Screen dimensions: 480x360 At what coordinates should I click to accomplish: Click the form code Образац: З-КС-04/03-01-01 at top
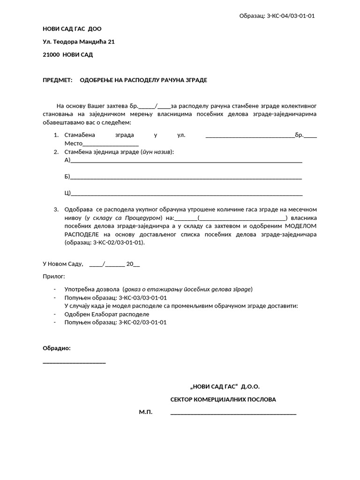pyautogui.click(x=277, y=16)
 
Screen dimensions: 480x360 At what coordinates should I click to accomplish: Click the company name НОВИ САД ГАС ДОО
pyautogui.click(x=72, y=29)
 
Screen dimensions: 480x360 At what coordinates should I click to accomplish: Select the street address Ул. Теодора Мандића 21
pyautogui.click(x=79, y=42)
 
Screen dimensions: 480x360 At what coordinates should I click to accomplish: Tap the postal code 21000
pyautogui.click(x=51, y=54)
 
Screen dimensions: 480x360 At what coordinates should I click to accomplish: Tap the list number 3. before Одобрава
pyautogui.click(x=56, y=210)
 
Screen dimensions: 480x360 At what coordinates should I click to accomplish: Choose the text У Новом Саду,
pyautogui.click(x=63, y=264)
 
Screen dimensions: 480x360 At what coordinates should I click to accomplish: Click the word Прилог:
pyautogui.click(x=54, y=277)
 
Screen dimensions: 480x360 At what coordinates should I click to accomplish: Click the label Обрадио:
pyautogui.click(x=57, y=348)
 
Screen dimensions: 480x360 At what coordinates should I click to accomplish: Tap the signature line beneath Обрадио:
pyautogui.click(x=74, y=362)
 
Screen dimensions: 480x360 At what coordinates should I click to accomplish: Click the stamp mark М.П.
pyautogui.click(x=146, y=412)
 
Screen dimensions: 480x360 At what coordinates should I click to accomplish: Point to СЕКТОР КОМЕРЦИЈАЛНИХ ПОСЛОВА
pyautogui.click(x=223, y=400)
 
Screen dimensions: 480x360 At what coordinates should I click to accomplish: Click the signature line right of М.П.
pyautogui.click(x=233, y=414)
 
